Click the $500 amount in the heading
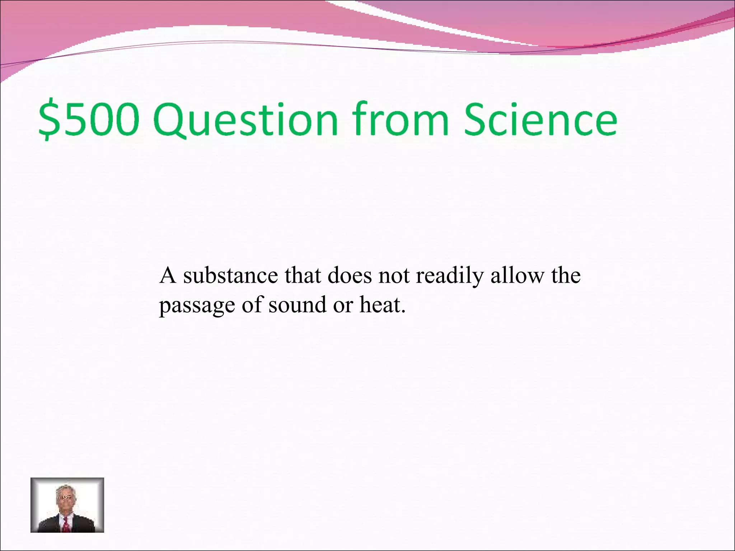tap(89, 119)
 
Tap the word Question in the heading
tap(246, 119)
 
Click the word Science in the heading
tap(540, 119)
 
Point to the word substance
tap(230, 275)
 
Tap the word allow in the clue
tap(517, 275)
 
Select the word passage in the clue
tap(197, 306)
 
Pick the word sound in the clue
tap(298, 305)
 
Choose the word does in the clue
tap(350, 275)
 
